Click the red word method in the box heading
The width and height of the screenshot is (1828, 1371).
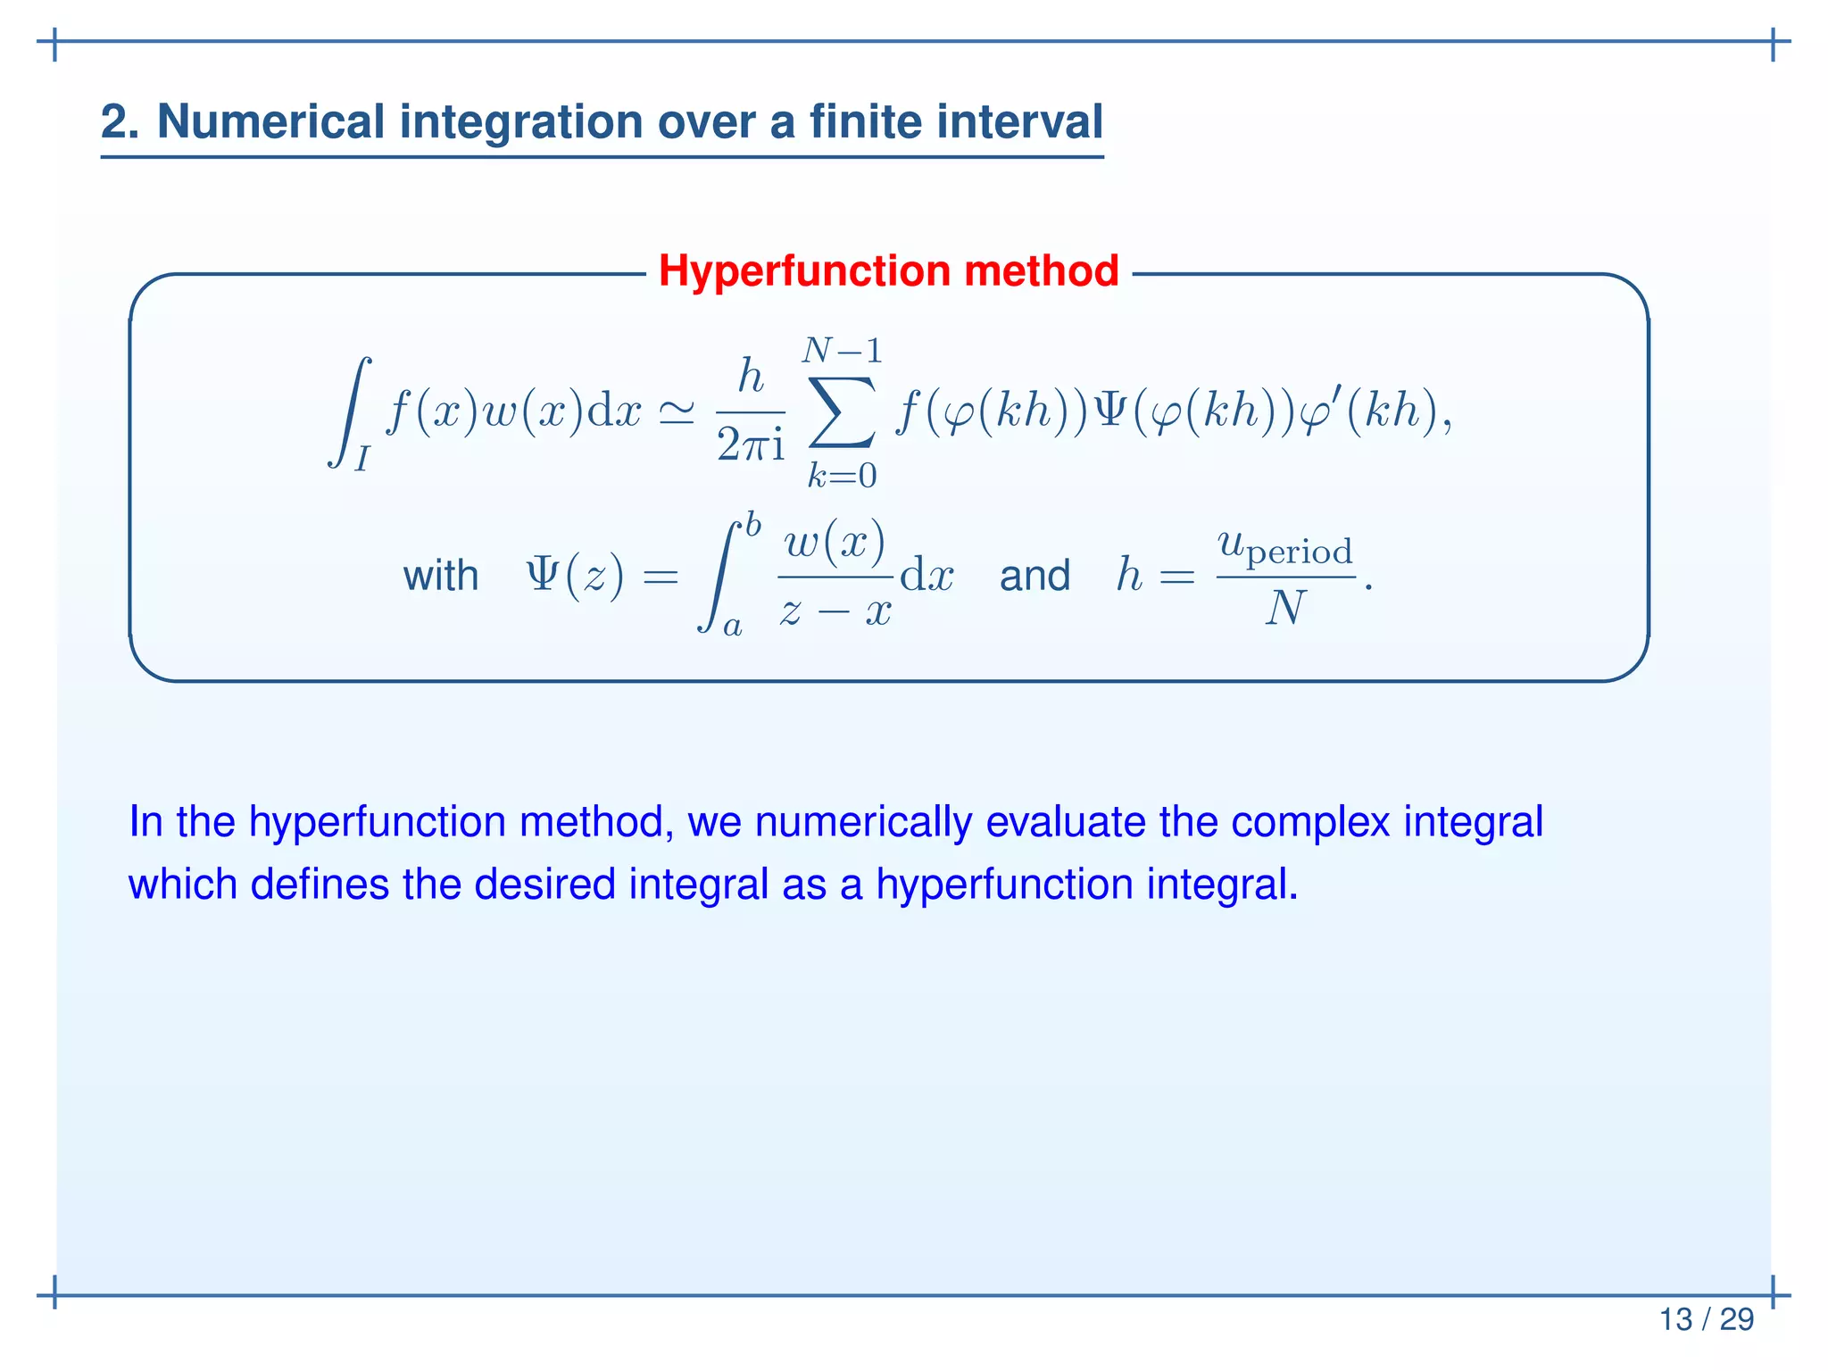click(1041, 270)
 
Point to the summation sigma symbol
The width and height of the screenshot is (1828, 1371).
click(841, 413)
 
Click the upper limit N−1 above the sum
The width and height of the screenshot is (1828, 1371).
click(842, 351)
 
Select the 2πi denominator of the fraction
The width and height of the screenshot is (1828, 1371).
click(751, 445)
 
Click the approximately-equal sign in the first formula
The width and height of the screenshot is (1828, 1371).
click(676, 412)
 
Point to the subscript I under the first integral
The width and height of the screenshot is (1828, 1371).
click(361, 458)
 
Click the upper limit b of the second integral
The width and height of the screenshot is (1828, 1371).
click(753, 525)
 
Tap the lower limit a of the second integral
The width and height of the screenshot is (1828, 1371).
click(732, 627)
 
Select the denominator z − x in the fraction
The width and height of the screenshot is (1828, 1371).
click(835, 611)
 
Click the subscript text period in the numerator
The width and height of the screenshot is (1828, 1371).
click(1299, 553)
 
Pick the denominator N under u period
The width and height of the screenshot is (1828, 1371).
click(1285, 609)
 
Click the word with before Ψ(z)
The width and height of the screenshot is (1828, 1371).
click(440, 576)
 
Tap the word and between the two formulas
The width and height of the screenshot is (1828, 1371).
click(1034, 576)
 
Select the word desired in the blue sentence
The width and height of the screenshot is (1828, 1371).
click(545, 884)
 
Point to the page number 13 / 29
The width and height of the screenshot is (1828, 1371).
click(1706, 1319)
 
